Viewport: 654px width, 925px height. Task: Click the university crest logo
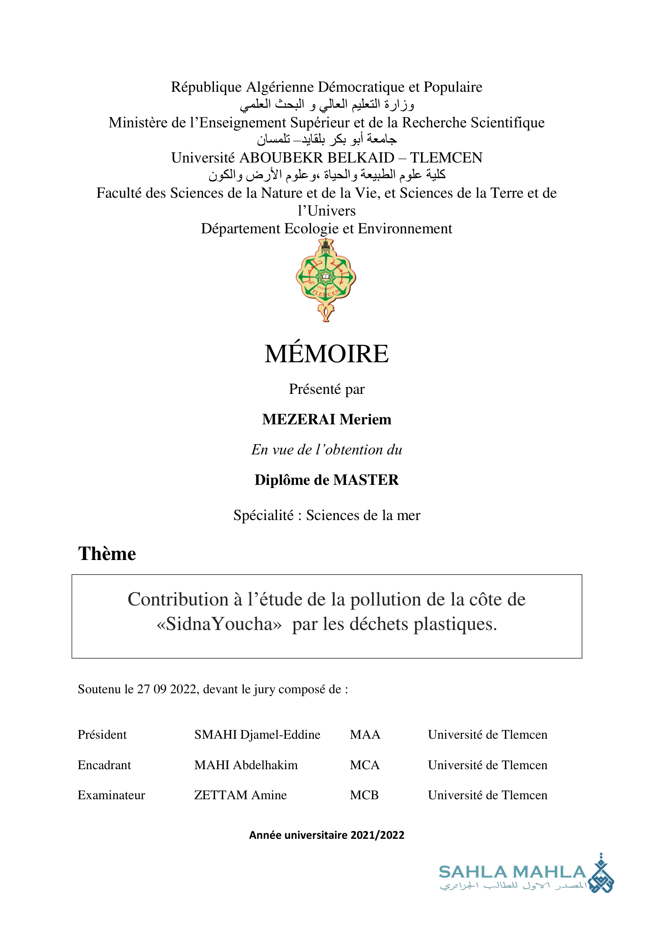pyautogui.click(x=326, y=280)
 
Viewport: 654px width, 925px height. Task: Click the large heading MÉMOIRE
pyautogui.click(x=327, y=354)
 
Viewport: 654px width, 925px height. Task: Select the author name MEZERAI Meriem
pyautogui.click(x=327, y=419)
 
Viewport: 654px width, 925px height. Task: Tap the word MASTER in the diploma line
pyautogui.click(x=366, y=480)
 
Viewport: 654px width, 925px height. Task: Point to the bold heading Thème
pyautogui.click(x=107, y=554)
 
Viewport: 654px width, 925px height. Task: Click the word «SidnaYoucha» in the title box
pyautogui.click(x=219, y=624)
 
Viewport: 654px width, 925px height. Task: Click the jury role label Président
pyautogui.click(x=102, y=734)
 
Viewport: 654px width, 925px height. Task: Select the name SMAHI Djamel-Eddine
pyautogui.click(x=257, y=734)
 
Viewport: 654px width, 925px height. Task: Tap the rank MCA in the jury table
pyautogui.click(x=365, y=765)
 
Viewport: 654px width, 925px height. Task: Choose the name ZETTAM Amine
pyautogui.click(x=240, y=795)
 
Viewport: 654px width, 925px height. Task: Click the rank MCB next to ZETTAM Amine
pyautogui.click(x=365, y=795)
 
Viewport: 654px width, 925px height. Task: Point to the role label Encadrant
pyautogui.click(x=104, y=765)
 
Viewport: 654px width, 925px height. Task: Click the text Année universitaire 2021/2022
pyautogui.click(x=327, y=835)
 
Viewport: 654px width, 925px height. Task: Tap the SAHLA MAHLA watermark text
pyautogui.click(x=512, y=872)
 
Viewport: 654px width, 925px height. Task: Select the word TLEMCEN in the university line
pyautogui.click(x=446, y=157)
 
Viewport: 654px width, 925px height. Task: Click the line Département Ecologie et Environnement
pyautogui.click(x=327, y=229)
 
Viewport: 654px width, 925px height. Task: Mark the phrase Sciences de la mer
pyautogui.click(x=363, y=515)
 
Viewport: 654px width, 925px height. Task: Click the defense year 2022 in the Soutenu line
pyautogui.click(x=183, y=689)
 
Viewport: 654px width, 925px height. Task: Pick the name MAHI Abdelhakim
pyautogui.click(x=246, y=765)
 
